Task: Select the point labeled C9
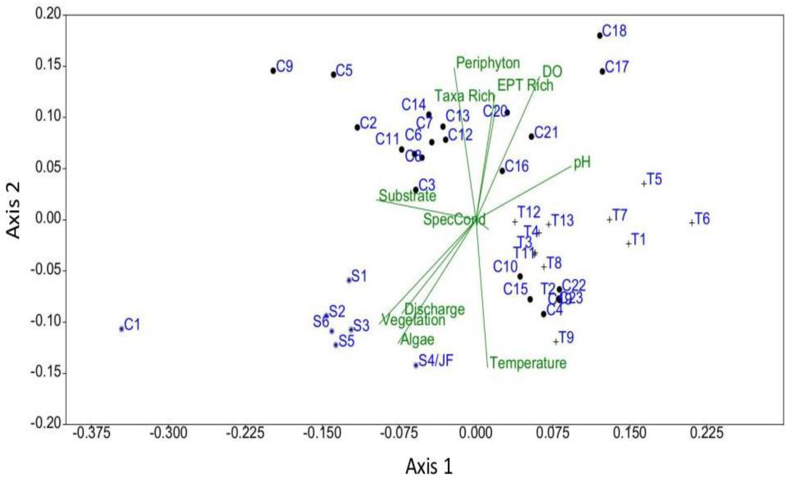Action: [x=273, y=71]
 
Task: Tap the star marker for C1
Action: [x=121, y=329]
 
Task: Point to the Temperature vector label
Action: [x=528, y=363]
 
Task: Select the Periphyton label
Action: [x=488, y=63]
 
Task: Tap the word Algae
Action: [x=417, y=339]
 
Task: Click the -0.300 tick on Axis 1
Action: [x=169, y=433]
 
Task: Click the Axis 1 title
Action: [x=429, y=467]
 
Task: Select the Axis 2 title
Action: [x=14, y=210]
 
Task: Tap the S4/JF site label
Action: [x=436, y=361]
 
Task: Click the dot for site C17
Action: [x=602, y=72]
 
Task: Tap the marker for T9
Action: [x=556, y=341]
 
